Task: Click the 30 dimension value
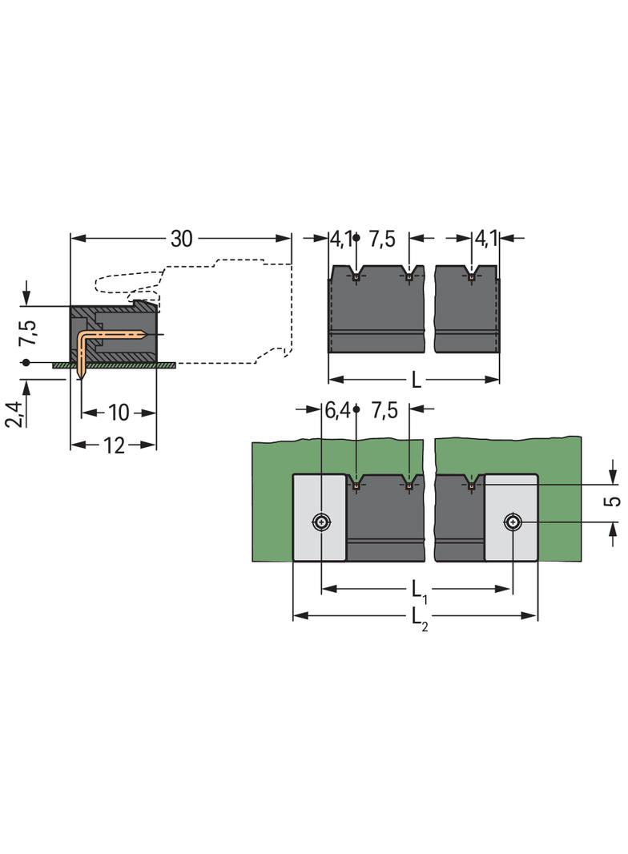coord(181,239)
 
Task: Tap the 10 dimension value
coord(119,413)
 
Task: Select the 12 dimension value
coord(113,445)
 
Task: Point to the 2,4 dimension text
coord(14,414)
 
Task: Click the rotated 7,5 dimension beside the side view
coord(28,332)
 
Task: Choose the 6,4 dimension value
coord(338,410)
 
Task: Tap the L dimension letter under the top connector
coord(417,381)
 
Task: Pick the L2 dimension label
coord(419,618)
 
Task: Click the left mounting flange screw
coord(322,523)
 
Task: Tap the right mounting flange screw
coord(512,523)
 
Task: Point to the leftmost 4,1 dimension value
coord(341,239)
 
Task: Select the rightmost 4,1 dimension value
coord(486,239)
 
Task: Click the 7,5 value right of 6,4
coord(384,410)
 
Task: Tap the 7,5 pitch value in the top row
coord(382,239)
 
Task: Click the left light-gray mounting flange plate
coord(320,518)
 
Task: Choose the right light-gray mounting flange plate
coord(511,518)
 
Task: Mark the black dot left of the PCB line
coord(26,363)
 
